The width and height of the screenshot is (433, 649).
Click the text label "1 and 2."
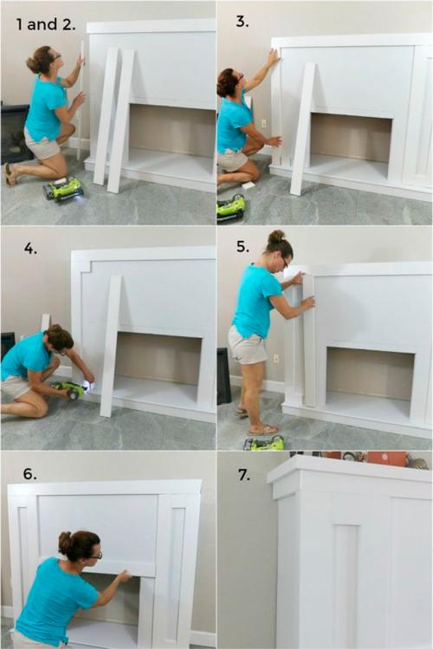[46, 24]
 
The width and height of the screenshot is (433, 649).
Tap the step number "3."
[242, 22]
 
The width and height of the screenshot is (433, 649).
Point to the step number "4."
[30, 249]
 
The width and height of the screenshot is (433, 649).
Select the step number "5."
[242, 247]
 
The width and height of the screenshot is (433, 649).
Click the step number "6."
[29, 474]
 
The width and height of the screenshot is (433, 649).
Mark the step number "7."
[244, 475]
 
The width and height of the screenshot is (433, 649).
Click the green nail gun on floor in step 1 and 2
[64, 189]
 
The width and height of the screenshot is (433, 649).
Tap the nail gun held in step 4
[72, 389]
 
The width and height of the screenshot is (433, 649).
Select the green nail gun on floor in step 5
[264, 444]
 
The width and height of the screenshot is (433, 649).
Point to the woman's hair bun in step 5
[276, 237]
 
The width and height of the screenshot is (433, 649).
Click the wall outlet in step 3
[263, 123]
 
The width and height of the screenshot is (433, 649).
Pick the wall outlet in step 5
[275, 358]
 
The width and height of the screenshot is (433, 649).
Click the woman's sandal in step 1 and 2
[10, 175]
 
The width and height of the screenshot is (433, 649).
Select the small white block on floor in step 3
[249, 185]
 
